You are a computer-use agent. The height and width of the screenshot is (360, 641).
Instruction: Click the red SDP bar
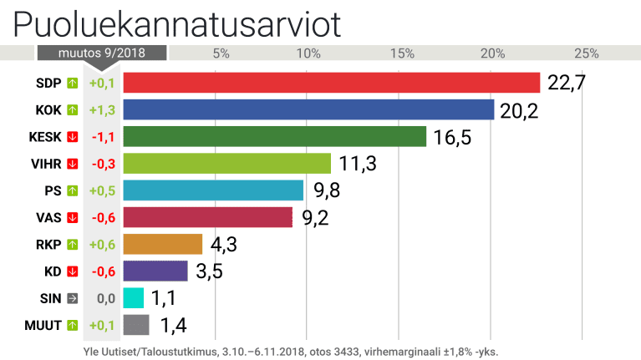point(332,83)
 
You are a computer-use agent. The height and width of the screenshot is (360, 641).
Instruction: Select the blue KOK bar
point(308,109)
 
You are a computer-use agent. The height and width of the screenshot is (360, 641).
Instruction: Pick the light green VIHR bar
point(226,163)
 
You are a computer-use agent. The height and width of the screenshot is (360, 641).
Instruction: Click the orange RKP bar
point(162,244)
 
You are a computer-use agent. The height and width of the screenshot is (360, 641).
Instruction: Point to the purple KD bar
point(155,271)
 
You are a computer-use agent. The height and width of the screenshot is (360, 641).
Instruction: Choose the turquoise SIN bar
point(133,298)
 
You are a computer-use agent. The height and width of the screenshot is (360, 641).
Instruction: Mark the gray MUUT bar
point(135,325)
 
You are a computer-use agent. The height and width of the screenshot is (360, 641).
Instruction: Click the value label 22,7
point(566,83)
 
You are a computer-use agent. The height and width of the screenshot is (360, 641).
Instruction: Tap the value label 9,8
point(328,190)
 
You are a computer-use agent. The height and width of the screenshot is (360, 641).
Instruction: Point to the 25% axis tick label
point(587,53)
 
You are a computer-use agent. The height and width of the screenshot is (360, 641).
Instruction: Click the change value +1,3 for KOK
point(102,109)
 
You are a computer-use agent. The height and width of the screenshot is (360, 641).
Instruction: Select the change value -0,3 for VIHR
point(102,163)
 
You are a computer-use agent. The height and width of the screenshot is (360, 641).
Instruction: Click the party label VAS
point(48,217)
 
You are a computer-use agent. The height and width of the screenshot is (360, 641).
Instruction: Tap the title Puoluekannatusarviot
point(177,24)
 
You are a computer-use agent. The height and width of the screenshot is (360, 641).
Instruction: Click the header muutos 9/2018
point(101,53)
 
